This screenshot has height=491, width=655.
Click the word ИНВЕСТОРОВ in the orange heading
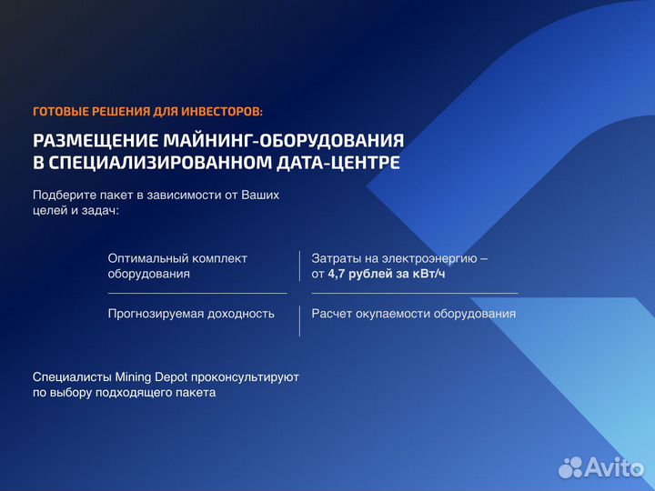click(220, 112)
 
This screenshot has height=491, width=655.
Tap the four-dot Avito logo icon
click(570, 467)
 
